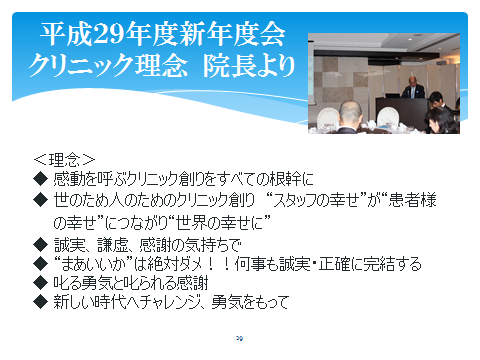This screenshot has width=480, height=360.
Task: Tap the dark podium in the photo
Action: pos(413,103)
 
